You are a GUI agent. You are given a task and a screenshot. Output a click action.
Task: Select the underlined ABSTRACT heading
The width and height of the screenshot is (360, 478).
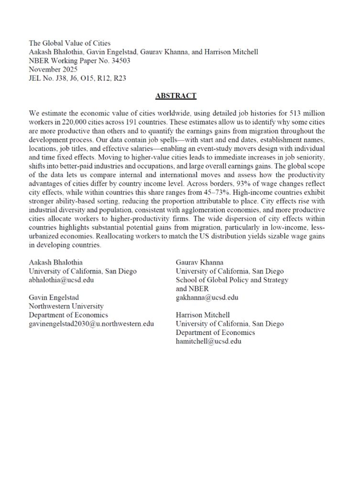176,96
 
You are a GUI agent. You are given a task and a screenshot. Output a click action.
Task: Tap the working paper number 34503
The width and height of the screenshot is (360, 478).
120,61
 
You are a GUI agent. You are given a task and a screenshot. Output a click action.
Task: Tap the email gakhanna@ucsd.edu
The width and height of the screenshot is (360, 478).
207,297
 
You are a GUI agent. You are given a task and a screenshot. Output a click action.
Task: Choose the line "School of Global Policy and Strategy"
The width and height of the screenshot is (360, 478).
232,280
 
